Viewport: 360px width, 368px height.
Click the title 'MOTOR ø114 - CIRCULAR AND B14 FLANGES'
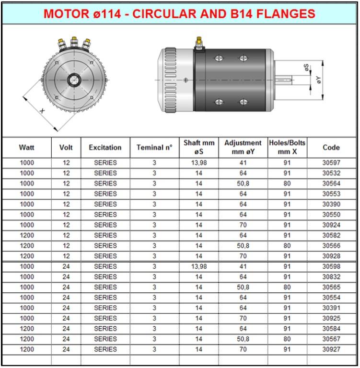point(179,13)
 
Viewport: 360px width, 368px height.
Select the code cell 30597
point(331,163)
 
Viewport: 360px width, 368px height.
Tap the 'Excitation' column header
point(105,148)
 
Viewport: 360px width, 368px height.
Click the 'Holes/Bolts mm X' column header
point(287,148)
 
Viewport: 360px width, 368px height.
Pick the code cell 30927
point(331,349)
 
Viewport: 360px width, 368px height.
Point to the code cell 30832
point(331,277)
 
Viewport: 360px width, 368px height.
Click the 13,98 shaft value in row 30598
point(198,266)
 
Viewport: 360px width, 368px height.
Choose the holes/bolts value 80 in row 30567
point(287,339)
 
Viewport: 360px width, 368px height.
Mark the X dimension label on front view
point(42,111)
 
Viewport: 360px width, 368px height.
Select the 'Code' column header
point(331,148)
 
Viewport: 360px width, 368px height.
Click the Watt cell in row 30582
point(27,235)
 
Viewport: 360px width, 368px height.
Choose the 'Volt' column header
point(66,148)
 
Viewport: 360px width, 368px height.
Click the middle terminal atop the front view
point(74,43)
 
